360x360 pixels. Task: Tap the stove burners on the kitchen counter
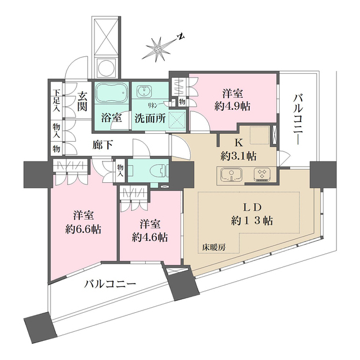coord(263,175)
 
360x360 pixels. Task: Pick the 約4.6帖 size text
coord(149,237)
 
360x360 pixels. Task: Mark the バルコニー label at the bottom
coord(110,284)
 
